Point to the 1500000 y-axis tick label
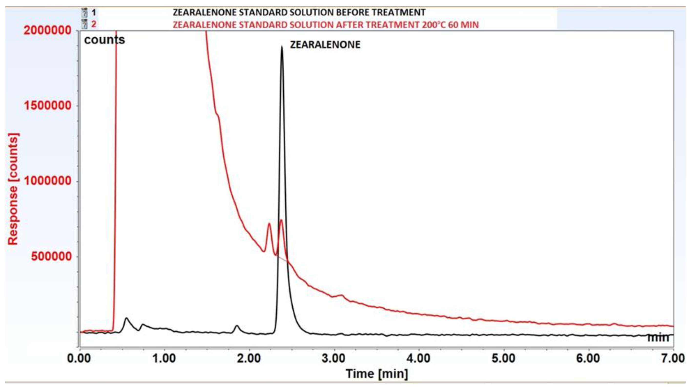click(48, 105)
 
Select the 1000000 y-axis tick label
click(48, 181)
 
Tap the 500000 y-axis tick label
click(51, 256)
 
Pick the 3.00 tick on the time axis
click(334, 359)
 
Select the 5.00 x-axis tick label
click(503, 359)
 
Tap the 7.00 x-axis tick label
click(673, 359)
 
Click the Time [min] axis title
click(377, 374)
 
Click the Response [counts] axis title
click(13, 189)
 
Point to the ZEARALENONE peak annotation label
click(325, 45)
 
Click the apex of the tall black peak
click(282, 47)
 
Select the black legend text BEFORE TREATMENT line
click(299, 12)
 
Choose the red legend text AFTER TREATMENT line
click(326, 25)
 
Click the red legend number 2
click(93, 24)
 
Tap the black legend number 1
click(93, 12)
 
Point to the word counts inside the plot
click(104, 40)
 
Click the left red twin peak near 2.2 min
click(269, 224)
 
